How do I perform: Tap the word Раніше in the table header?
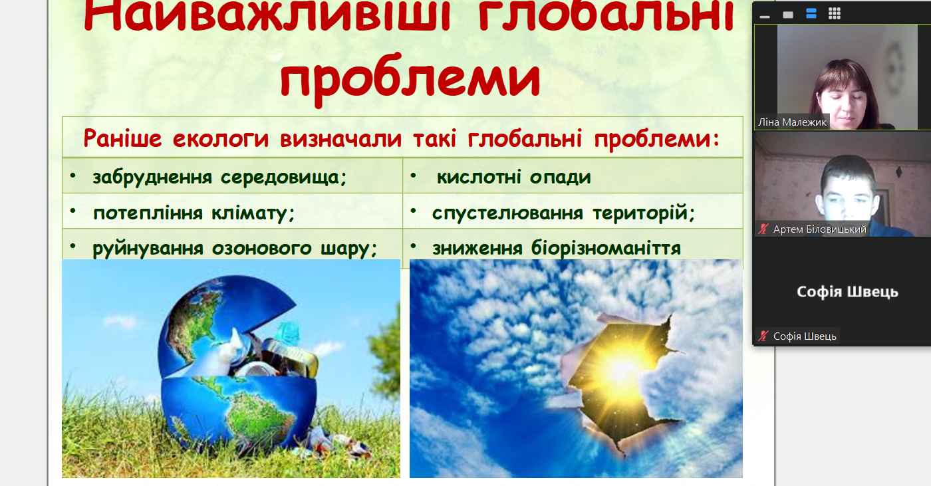tap(122, 138)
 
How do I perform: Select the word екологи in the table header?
tap(221, 139)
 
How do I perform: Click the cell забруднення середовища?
tap(232, 176)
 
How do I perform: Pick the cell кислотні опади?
tap(573, 176)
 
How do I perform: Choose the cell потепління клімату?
tap(232, 211)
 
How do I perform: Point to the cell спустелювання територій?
tap(573, 211)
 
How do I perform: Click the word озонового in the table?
tap(261, 249)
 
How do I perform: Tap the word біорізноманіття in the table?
tap(606, 248)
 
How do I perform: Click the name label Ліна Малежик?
tap(792, 122)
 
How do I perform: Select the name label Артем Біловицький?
tap(819, 229)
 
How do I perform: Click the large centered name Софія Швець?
tap(847, 292)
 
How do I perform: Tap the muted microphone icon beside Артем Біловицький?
tap(763, 229)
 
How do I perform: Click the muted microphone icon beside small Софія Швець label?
tap(763, 336)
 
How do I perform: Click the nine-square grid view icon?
tap(834, 14)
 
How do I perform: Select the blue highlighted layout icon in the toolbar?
tap(811, 14)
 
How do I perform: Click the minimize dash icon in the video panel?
tap(765, 17)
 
